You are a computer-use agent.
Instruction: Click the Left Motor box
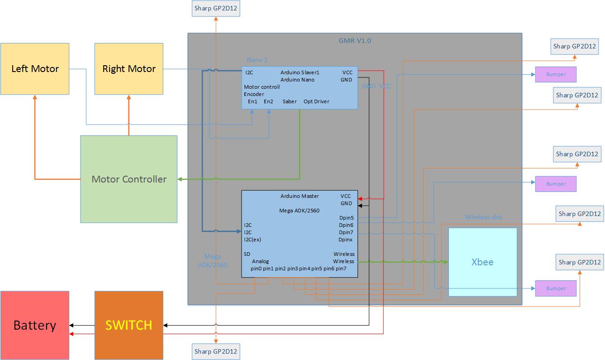pos(35,69)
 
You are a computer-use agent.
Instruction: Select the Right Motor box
pos(129,69)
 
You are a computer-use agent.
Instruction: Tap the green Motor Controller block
pos(129,179)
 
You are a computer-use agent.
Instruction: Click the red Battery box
pos(35,325)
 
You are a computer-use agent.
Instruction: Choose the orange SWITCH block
pos(129,325)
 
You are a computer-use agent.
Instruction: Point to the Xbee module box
pos(482,262)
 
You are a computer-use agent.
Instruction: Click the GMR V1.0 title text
pos(355,40)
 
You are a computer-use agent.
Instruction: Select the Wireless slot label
pos(483,217)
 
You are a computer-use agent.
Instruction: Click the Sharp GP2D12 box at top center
pos(216,8)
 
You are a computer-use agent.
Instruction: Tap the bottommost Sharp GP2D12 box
pos(216,351)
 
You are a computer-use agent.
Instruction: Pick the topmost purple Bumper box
pos(556,74)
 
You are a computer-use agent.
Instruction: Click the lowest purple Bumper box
pos(556,288)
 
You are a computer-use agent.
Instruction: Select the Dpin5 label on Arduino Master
pos(346,218)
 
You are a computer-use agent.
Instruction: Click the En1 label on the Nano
pos(252,101)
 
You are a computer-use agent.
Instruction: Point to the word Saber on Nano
pos(290,101)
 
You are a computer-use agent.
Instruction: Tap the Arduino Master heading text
pos(300,196)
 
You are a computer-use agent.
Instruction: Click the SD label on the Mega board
pos(247,254)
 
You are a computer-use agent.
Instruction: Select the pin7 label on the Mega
pos(341,269)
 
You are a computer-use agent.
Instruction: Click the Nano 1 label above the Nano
pos(257,60)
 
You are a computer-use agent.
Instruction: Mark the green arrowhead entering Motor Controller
pos(180,179)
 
